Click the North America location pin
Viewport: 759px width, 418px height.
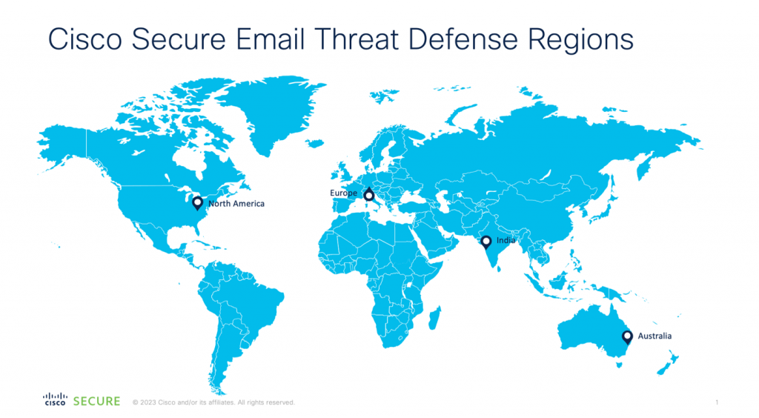(x=197, y=202)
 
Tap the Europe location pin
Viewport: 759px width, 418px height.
(x=369, y=194)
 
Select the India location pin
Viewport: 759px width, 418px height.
(x=486, y=242)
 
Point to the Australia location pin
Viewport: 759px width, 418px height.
(x=627, y=336)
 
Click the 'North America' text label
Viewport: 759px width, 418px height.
(x=236, y=204)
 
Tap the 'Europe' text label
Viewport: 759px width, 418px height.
(x=344, y=193)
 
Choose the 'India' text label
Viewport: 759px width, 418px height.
(x=506, y=240)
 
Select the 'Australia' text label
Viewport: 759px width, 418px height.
(x=654, y=336)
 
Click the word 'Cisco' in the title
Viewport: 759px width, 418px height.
(x=85, y=39)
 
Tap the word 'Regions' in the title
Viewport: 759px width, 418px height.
(x=580, y=40)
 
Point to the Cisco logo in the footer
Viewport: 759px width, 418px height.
(x=55, y=399)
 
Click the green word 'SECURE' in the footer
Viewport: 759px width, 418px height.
(x=97, y=401)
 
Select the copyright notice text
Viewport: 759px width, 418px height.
(x=213, y=402)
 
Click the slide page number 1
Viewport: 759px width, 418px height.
(x=717, y=402)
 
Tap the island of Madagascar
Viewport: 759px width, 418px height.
(x=434, y=317)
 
